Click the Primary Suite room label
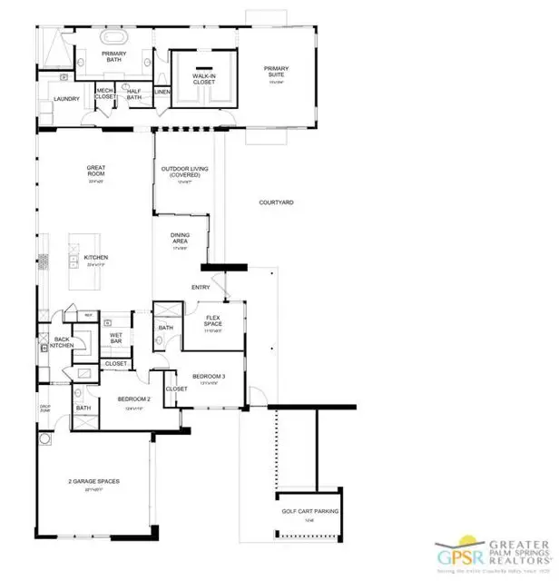tap(276, 71)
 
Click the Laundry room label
tap(66, 99)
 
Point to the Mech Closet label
tap(105, 94)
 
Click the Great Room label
tap(96, 170)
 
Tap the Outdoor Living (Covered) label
tap(181, 172)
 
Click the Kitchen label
tap(96, 258)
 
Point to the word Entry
tap(200, 288)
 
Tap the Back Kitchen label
tap(61, 342)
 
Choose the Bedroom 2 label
tap(132, 399)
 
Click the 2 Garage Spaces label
tap(94, 481)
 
